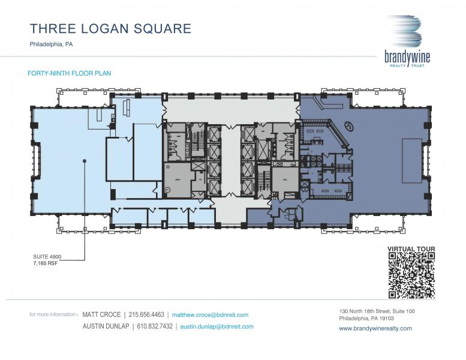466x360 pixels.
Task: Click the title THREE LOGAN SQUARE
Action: [x=110, y=28]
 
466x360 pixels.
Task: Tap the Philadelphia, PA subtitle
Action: [x=51, y=44]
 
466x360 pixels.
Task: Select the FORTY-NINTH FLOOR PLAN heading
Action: [x=70, y=73]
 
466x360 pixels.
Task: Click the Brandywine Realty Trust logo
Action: [x=407, y=41]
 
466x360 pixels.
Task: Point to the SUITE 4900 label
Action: [x=47, y=257]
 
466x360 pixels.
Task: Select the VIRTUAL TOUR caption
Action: [x=411, y=248]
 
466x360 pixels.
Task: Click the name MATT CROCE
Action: [x=101, y=314]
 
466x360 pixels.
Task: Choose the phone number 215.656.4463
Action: [x=146, y=314]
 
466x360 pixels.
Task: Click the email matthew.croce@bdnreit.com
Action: [x=210, y=314]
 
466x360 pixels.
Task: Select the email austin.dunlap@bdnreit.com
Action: [x=217, y=326]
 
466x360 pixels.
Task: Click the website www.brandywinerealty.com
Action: [x=375, y=328]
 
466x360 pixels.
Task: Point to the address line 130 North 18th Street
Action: [x=377, y=311]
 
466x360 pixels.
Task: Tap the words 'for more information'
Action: [x=53, y=314]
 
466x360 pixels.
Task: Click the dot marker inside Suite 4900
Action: [x=85, y=161]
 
